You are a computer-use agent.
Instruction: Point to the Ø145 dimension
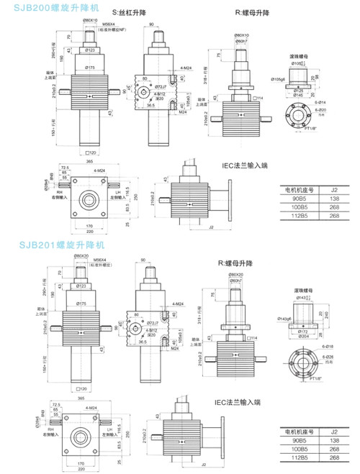click(296, 94)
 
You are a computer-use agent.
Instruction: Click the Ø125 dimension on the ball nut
click(296, 90)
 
